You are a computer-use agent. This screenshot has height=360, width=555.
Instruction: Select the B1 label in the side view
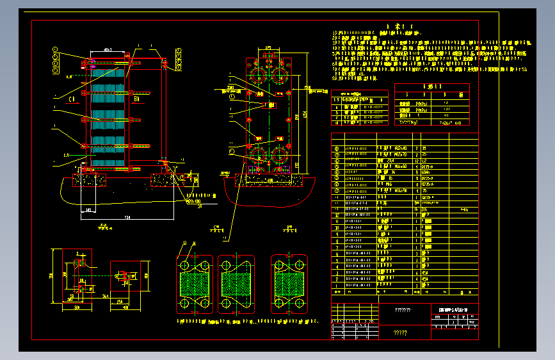click(136, 99)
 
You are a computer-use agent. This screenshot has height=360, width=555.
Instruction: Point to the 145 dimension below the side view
click(90, 209)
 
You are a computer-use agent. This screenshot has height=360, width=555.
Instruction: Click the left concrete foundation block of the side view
click(90, 180)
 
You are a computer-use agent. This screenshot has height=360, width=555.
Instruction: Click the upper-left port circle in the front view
click(259, 74)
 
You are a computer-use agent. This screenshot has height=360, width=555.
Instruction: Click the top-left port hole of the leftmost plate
click(184, 265)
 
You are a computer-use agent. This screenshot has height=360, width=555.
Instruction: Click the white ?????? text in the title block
click(403, 310)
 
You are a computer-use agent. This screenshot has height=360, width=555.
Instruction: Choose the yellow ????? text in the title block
click(400, 332)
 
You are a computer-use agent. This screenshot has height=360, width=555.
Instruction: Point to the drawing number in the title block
click(454, 310)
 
